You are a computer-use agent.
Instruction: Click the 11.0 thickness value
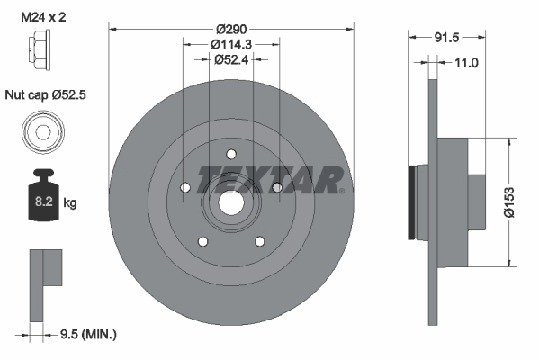tap(465, 62)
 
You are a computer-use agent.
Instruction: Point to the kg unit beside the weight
tap(70, 204)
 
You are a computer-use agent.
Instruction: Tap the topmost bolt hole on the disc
tap(230, 153)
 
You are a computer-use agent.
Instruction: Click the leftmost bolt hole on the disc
tap(184, 187)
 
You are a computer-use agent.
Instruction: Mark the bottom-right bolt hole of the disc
tap(259, 240)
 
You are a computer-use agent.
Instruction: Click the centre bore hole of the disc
tap(230, 203)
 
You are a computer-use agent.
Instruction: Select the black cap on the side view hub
tap(413, 202)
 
